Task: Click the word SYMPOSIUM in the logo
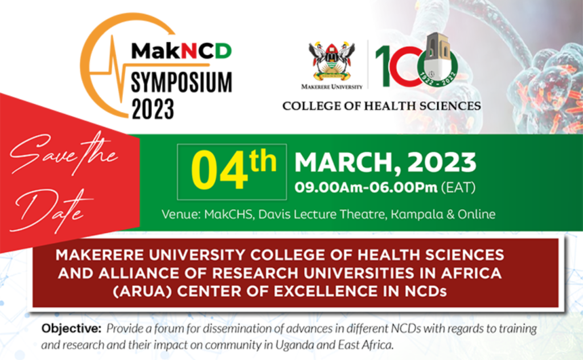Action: click(182, 82)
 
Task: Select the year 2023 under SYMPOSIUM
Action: click(153, 109)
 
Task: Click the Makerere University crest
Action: click(332, 62)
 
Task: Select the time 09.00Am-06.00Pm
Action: click(366, 187)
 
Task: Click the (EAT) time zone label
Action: click(458, 187)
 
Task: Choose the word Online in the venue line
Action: click(477, 214)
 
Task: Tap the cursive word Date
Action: click(50, 210)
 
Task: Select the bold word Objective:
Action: click(71, 329)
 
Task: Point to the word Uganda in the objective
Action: click(294, 345)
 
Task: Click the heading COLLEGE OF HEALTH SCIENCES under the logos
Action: click(381, 106)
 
